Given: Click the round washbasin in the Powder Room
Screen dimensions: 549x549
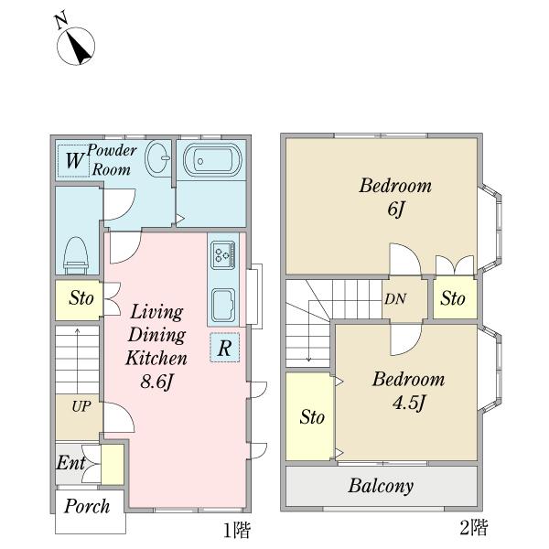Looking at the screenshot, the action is [x=157, y=158].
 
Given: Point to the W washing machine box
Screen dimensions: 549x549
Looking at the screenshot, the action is [x=73, y=161].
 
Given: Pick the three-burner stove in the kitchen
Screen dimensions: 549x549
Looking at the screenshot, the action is [x=223, y=255].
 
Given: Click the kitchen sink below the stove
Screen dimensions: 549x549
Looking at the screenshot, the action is [x=223, y=305].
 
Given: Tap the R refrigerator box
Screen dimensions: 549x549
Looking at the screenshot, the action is [x=224, y=348].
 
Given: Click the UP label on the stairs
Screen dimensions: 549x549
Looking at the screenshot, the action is [x=81, y=406].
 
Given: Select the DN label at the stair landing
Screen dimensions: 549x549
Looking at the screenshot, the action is [x=395, y=299].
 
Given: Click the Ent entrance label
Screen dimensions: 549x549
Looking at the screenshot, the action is [x=70, y=462].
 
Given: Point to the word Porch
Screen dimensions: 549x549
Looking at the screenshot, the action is [x=87, y=506].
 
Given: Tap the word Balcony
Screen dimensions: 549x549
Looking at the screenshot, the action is [x=381, y=487].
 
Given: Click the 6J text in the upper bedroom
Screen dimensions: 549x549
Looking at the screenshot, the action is [x=395, y=210].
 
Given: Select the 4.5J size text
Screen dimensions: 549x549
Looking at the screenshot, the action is [x=409, y=403].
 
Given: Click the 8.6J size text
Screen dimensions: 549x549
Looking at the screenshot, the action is [x=156, y=382].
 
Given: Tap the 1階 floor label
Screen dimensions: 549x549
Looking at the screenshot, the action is [x=237, y=530].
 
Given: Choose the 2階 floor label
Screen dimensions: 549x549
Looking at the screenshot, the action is [x=474, y=527].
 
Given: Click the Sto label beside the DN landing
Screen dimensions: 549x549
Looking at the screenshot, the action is [x=453, y=298].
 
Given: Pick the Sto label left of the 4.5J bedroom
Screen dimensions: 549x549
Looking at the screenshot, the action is [x=312, y=417].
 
